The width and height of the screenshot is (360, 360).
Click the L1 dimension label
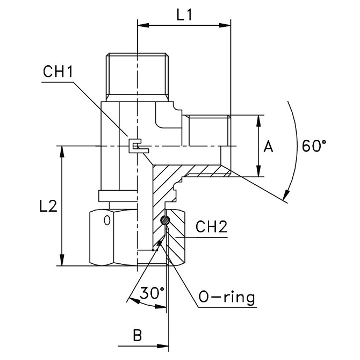coord(184,16)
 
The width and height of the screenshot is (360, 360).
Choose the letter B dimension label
coord(137,336)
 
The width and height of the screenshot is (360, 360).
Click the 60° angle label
coord(314,146)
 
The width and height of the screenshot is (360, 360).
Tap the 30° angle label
coord(152,293)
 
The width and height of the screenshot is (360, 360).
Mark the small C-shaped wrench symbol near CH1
coord(136,146)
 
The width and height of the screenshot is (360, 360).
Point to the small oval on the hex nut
coord(106,220)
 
